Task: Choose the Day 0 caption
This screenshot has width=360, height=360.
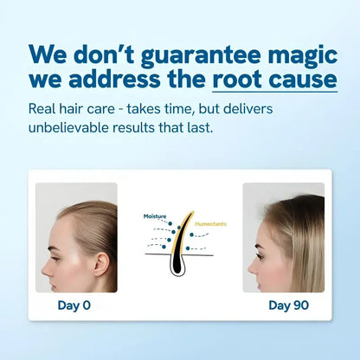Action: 74,305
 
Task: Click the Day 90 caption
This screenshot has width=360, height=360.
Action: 286,305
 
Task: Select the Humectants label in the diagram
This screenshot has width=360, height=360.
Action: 211,223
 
